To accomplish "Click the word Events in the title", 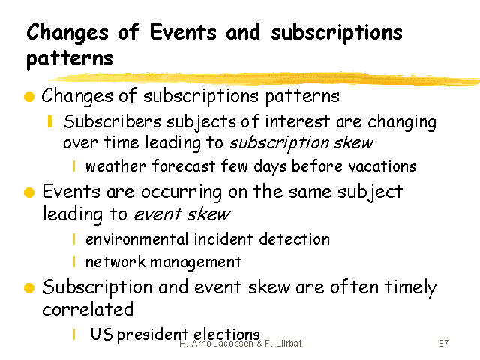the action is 183,32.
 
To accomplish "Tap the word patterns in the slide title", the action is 70,58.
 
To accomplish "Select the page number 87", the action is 443,343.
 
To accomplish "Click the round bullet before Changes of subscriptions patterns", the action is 29,97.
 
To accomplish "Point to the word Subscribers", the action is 112,121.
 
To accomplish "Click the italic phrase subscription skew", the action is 301,142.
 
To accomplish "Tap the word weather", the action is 115,166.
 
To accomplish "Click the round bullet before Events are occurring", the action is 29,193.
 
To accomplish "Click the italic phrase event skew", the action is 182,214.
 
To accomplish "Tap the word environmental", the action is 136,239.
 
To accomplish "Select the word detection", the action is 294,238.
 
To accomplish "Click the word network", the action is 115,262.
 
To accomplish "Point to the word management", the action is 196,262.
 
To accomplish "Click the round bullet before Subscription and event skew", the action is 29,288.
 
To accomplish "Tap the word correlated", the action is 88,309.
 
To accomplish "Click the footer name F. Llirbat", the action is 283,343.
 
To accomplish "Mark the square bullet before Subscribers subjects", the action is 50,121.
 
